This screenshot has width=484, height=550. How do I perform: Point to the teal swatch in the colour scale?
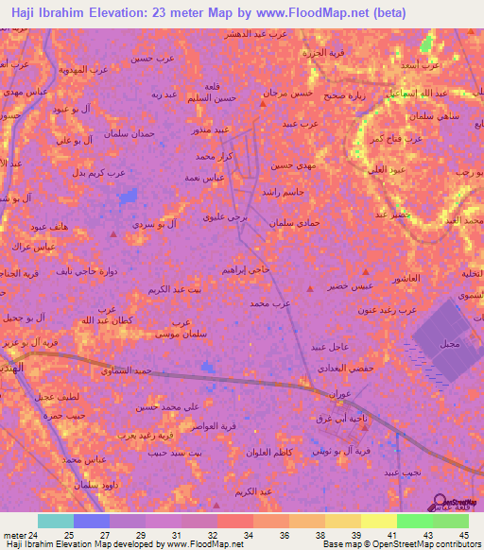(56, 521)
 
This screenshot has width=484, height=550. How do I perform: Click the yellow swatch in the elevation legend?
(378, 521)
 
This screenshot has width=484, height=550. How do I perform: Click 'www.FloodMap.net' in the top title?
(302, 13)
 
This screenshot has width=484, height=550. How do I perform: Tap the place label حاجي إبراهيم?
(248, 269)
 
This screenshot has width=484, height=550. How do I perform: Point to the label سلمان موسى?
(176, 334)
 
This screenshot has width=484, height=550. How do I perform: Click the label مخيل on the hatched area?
(448, 345)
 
